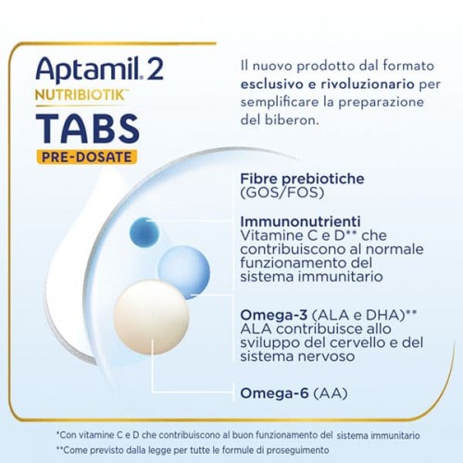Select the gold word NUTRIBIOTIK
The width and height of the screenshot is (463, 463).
(x=80, y=95)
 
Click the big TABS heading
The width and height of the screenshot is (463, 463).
(x=88, y=129)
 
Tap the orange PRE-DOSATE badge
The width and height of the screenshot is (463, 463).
(x=87, y=157)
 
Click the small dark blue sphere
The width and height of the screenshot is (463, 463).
(x=144, y=232)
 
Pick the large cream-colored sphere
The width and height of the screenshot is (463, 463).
(x=151, y=318)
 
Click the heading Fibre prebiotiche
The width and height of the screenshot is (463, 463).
(x=302, y=179)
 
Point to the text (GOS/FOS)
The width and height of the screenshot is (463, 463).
(x=282, y=193)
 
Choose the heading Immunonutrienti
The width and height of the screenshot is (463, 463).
(x=300, y=221)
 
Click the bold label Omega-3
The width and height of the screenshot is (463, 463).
(x=274, y=315)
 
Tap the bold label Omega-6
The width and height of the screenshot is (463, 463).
(x=274, y=394)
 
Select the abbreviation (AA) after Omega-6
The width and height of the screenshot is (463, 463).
(x=331, y=394)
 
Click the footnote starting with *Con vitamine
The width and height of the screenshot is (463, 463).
(x=238, y=435)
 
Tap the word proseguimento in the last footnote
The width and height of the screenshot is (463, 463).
(x=297, y=450)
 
